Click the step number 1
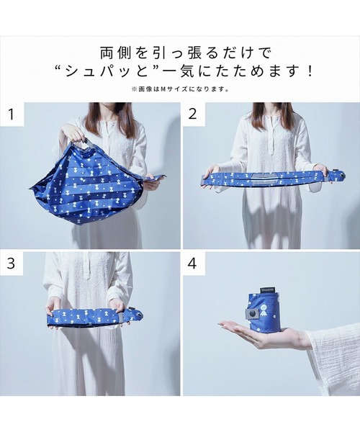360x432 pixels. click(x=12, y=113)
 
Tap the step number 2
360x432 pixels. click(x=192, y=113)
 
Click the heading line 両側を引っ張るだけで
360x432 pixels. click(x=180, y=53)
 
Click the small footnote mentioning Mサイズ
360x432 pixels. click(x=180, y=89)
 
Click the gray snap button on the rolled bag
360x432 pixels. click(x=253, y=314)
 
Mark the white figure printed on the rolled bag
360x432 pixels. click(x=267, y=310)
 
